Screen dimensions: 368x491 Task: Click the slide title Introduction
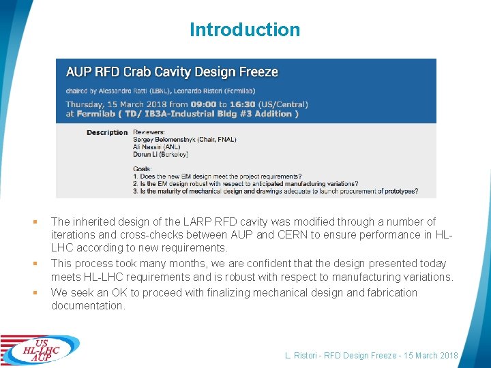(245, 30)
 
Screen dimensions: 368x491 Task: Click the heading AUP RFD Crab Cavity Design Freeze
(172, 72)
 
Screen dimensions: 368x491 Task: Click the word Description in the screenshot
(107, 132)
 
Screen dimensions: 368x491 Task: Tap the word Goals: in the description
(143, 168)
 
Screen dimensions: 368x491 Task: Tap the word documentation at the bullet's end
(87, 306)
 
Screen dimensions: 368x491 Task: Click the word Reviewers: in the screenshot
(149, 132)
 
